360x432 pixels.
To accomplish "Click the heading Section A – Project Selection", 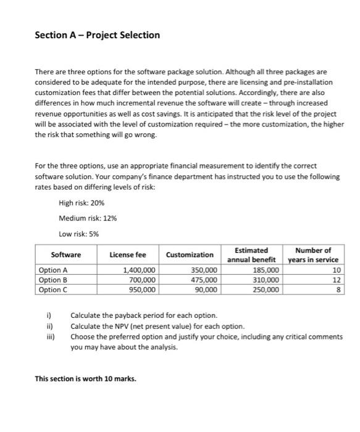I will coord(98,35).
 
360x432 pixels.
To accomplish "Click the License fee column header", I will coord(127,255).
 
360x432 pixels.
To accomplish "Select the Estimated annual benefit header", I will coord(251,255).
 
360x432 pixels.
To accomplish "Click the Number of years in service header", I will coord(313,255).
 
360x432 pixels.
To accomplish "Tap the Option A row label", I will coord(52,270).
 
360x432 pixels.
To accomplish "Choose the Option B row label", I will coord(52,280).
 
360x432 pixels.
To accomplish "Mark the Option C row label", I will coord(52,289).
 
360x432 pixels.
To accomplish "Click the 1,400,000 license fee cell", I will coord(140,270).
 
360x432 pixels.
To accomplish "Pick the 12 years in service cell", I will coord(335,280).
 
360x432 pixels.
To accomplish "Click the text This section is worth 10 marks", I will coord(85,379).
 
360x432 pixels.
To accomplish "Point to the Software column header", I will coord(65,255).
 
